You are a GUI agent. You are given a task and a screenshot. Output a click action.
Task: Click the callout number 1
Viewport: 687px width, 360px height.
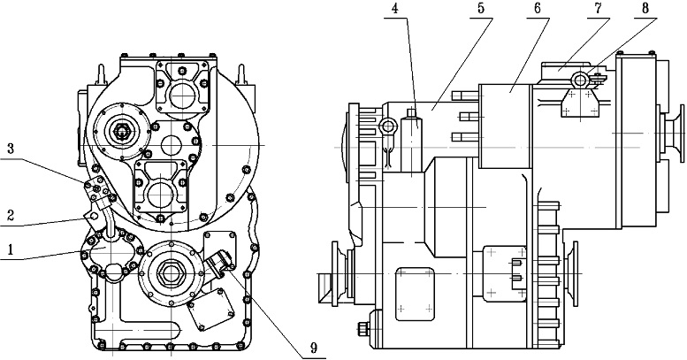(11, 249)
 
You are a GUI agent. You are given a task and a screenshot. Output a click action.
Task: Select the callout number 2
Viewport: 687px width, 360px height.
(11, 215)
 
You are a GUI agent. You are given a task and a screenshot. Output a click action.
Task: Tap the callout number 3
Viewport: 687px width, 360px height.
(11, 149)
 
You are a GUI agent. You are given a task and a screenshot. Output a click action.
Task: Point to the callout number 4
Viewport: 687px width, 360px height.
(395, 9)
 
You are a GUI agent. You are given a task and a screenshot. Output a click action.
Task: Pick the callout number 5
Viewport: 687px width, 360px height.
(481, 9)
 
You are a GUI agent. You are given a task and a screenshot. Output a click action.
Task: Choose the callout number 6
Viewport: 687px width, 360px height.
(538, 9)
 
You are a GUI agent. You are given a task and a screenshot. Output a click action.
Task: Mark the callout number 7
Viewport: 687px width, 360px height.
(599, 9)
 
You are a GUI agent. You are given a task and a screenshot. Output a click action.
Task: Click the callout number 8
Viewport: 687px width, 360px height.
(645, 9)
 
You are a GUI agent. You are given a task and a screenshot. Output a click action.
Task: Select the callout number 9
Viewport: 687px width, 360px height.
(313, 349)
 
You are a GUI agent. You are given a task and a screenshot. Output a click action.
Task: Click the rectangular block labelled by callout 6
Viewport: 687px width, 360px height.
(506, 126)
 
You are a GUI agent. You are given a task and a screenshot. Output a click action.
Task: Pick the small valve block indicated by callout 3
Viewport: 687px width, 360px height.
(98, 190)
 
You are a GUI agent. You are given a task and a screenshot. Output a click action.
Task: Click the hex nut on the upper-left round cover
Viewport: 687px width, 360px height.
(120, 131)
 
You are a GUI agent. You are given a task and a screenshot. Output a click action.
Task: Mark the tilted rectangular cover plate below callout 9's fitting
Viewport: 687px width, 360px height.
(211, 308)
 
